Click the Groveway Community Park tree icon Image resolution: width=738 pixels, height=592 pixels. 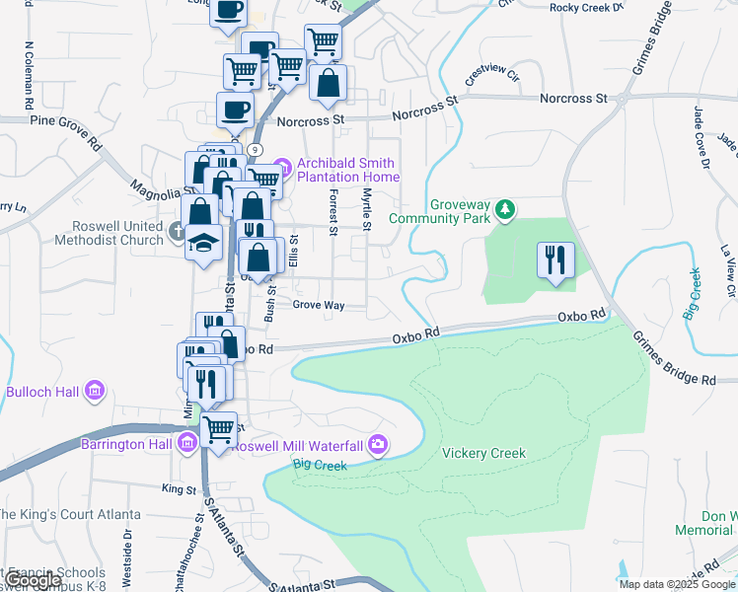505,208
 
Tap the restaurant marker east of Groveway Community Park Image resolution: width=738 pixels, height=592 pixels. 554,260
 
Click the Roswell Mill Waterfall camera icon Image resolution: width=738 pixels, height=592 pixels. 377,445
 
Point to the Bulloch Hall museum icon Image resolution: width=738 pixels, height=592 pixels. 95,392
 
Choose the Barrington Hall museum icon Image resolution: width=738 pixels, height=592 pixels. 187,442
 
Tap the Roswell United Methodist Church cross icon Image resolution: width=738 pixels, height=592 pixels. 177,233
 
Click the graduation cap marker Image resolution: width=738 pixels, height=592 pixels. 203,243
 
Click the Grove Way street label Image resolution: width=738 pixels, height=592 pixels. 319,306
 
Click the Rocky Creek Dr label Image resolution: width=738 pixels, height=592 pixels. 587,7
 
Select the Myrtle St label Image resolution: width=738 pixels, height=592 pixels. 366,210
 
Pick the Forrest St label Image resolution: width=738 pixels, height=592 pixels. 333,213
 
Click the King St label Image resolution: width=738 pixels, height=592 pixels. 179,488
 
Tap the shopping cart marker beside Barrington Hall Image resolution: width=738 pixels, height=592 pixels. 218,430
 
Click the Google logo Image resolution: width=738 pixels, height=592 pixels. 32,580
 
